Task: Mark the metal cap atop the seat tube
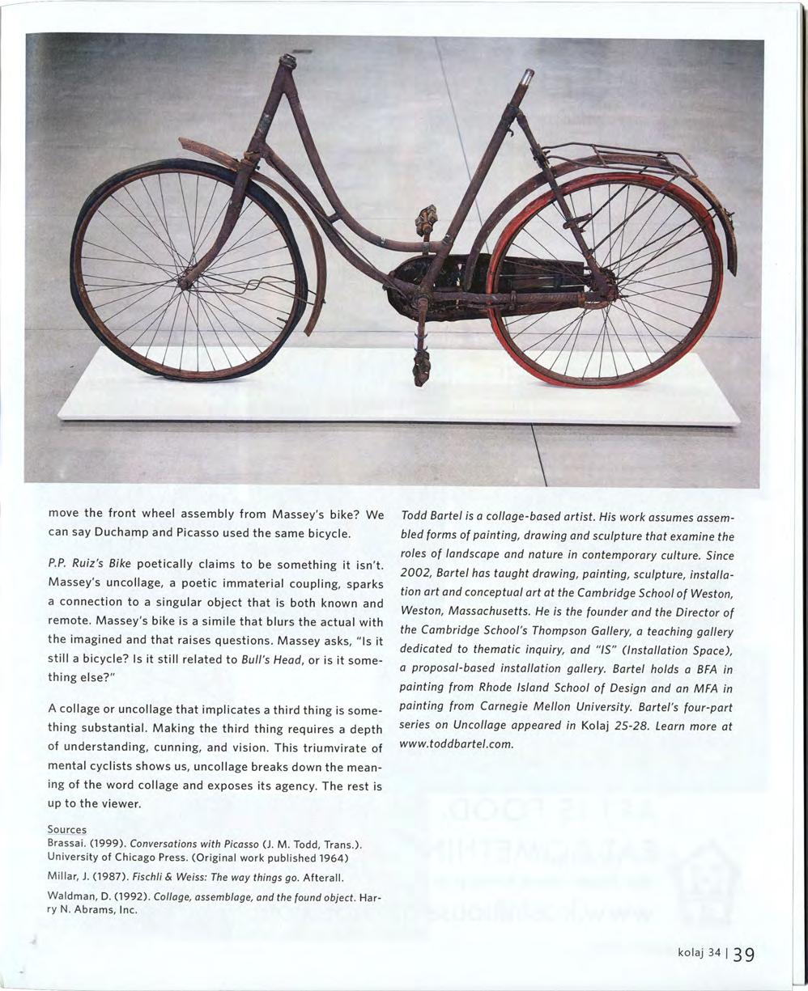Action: coord(527,78)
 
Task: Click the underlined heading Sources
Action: coord(67,830)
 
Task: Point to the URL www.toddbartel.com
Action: coord(458,743)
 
